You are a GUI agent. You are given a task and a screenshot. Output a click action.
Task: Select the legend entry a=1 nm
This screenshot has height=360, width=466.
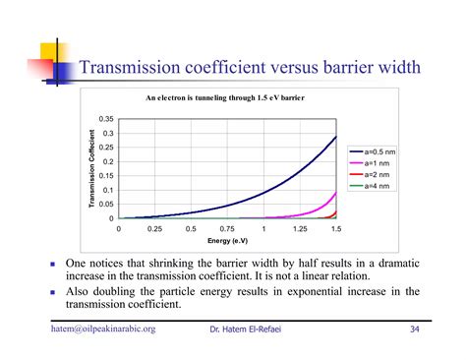click(376, 165)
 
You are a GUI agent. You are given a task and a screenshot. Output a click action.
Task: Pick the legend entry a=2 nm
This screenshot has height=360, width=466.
click(376, 175)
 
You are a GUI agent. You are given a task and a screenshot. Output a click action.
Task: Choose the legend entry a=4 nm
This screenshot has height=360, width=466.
click(376, 186)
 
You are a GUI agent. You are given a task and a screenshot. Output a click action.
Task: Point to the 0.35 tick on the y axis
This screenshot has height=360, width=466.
click(107, 119)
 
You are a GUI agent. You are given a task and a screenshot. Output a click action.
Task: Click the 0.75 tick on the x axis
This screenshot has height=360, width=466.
click(227, 228)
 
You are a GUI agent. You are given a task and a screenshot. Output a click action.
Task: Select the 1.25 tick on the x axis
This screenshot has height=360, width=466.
click(299, 228)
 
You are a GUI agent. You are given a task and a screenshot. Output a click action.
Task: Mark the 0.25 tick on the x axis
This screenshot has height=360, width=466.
click(154, 228)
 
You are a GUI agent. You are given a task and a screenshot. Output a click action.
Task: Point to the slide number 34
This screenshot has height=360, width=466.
click(415, 328)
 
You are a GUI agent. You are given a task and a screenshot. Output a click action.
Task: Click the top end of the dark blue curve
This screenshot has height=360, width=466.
click(335, 137)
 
